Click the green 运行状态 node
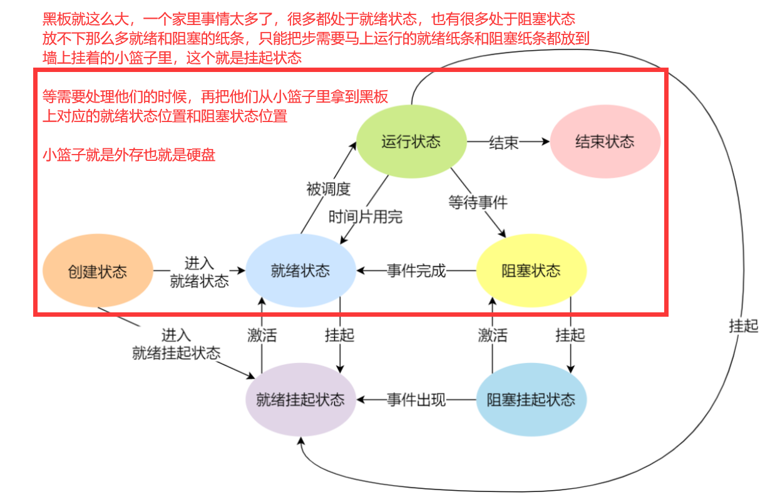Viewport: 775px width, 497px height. [x=411, y=141]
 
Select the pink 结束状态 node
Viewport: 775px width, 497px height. [x=605, y=141]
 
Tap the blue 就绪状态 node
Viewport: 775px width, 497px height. [x=300, y=271]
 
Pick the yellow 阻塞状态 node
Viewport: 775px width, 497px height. [x=531, y=271]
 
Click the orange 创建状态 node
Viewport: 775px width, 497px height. [x=98, y=272]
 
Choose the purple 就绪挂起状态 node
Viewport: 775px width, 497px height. [x=300, y=400]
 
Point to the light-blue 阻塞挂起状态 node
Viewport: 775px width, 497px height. [x=531, y=400]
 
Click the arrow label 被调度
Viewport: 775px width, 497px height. [x=328, y=188]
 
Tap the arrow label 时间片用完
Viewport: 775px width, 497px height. [x=366, y=217]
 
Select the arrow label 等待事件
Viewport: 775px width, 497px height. [x=478, y=202]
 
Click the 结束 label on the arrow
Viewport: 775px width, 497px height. [x=503, y=142]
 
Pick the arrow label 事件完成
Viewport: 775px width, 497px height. [x=416, y=271]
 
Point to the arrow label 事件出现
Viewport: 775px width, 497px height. [x=416, y=400]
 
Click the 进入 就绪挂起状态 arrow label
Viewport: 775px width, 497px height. [x=177, y=344]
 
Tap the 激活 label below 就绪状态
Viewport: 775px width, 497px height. [x=262, y=335]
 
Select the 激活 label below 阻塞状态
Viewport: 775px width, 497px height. [x=493, y=335]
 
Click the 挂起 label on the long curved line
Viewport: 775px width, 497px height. [x=744, y=326]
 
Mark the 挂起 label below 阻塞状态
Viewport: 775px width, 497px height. [x=570, y=335]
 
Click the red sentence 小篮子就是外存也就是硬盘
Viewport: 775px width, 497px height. [x=129, y=155]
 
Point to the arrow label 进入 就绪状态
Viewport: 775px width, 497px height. [x=199, y=272]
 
